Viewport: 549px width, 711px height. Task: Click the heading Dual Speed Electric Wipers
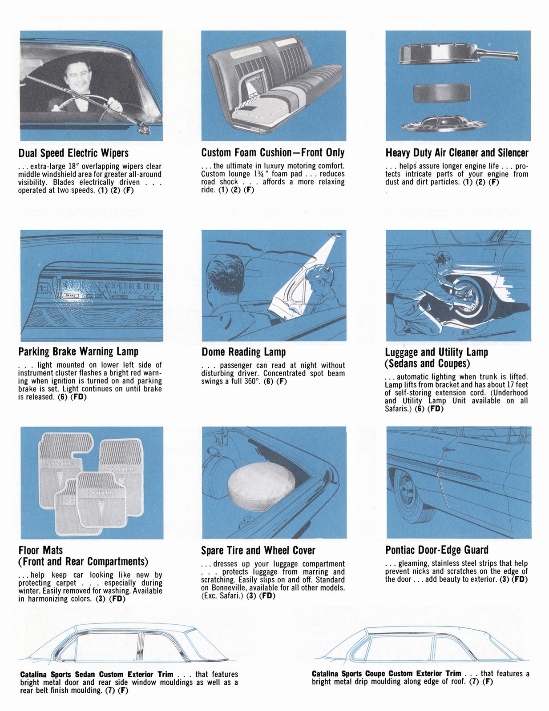click(x=73, y=153)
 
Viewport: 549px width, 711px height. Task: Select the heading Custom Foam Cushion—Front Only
click(x=273, y=153)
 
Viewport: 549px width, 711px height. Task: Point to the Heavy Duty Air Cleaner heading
click(x=457, y=153)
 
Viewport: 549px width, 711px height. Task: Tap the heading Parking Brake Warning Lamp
click(x=78, y=352)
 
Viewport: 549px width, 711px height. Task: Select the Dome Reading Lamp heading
click(x=243, y=352)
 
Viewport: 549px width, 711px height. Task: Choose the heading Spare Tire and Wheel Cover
click(x=258, y=551)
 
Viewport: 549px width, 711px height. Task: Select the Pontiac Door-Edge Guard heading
click(x=437, y=550)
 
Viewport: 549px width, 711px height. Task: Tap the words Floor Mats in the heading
click(x=40, y=551)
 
